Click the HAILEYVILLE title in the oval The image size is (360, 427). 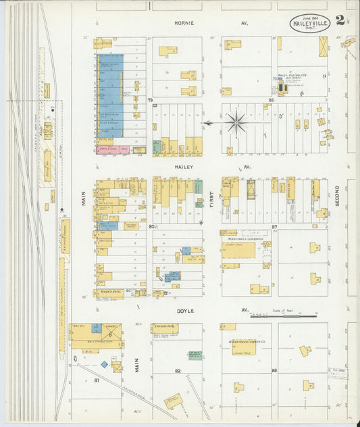pyautogui.click(x=309, y=24)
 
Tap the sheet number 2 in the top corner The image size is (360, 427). pyautogui.click(x=340, y=20)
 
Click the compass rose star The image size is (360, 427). pyautogui.click(x=236, y=122)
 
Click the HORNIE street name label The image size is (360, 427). pyautogui.click(x=184, y=23)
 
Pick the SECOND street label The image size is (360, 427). pyautogui.click(x=336, y=196)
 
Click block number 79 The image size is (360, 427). pyautogui.click(x=152, y=100)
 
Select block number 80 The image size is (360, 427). pyautogui.click(x=151, y=227)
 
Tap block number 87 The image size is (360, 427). pyautogui.click(x=274, y=227)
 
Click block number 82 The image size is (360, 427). pyautogui.click(x=178, y=371)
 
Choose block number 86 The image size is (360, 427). pyautogui.click(x=274, y=371)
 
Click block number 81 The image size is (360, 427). pyautogui.click(x=97, y=381)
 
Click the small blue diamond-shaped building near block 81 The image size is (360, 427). pyautogui.click(x=105, y=364)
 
